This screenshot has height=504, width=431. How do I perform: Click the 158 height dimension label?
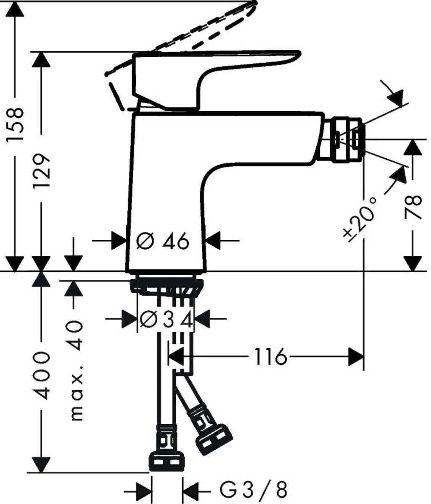(x=16, y=125)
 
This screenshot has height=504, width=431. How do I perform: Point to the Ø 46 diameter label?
(x=163, y=241)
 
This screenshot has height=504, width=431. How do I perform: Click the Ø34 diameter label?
(x=167, y=321)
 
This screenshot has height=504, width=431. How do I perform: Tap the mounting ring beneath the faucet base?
(x=167, y=286)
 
